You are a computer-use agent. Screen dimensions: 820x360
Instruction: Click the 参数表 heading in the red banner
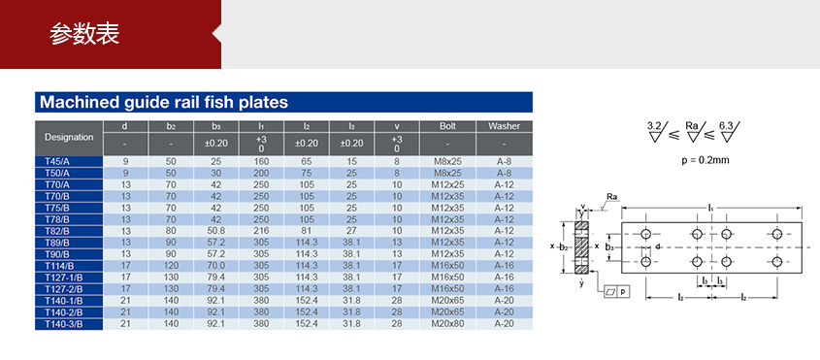84,34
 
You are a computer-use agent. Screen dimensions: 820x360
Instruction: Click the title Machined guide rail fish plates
164,102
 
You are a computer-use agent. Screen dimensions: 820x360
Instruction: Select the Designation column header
69,138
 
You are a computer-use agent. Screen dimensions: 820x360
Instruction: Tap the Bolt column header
447,126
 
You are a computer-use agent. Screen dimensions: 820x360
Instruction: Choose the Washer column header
505,126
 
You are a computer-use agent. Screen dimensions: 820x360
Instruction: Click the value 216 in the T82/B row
261,231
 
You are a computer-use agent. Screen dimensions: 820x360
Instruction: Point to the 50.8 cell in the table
216,231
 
